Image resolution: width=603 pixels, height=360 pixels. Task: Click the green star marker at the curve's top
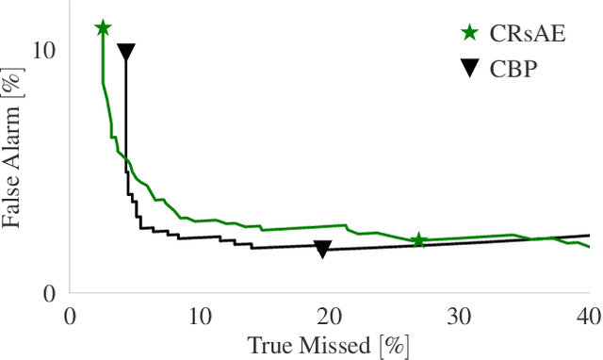point(103,28)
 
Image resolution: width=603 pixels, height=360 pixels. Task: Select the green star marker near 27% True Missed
point(418,241)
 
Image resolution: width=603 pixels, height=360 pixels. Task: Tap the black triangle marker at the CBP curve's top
point(125,52)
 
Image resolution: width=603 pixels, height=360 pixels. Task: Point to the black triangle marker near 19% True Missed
point(322,249)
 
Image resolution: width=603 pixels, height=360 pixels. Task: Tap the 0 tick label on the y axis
point(50,293)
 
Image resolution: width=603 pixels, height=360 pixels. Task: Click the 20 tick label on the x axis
point(329,315)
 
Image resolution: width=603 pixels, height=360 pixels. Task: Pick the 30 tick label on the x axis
point(459,315)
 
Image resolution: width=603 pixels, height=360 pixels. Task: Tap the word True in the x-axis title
point(269,345)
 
